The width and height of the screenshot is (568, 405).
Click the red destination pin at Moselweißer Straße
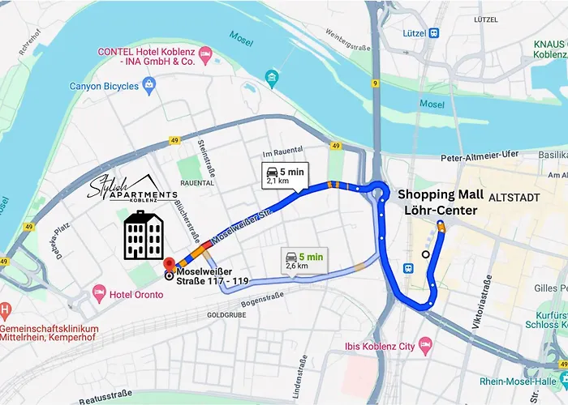(x=170, y=264)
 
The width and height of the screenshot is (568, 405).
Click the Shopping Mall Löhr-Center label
(x=441, y=202)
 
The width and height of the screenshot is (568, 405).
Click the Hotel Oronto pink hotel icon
(x=100, y=290)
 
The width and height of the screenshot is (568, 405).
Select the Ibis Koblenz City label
(x=374, y=346)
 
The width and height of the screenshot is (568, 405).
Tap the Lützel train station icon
(x=434, y=33)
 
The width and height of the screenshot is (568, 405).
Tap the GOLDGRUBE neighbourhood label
(x=226, y=313)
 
